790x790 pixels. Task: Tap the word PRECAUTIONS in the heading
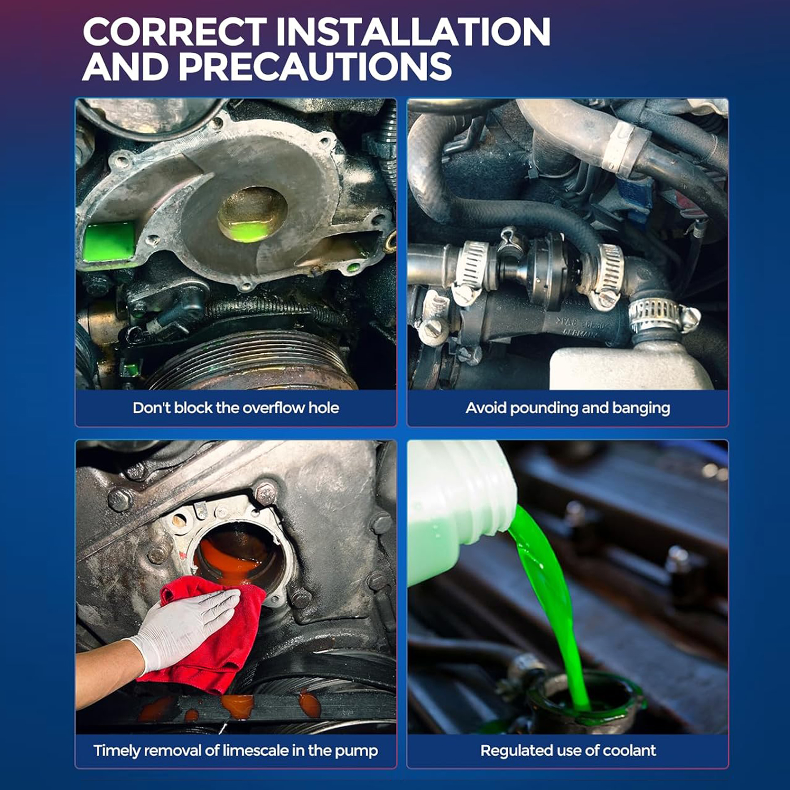315,66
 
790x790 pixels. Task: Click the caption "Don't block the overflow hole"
236,408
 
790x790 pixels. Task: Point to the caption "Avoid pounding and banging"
568,408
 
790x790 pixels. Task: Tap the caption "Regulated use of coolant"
568,750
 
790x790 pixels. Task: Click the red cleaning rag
211,632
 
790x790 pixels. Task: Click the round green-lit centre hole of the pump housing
252,214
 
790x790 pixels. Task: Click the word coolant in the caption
629,750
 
